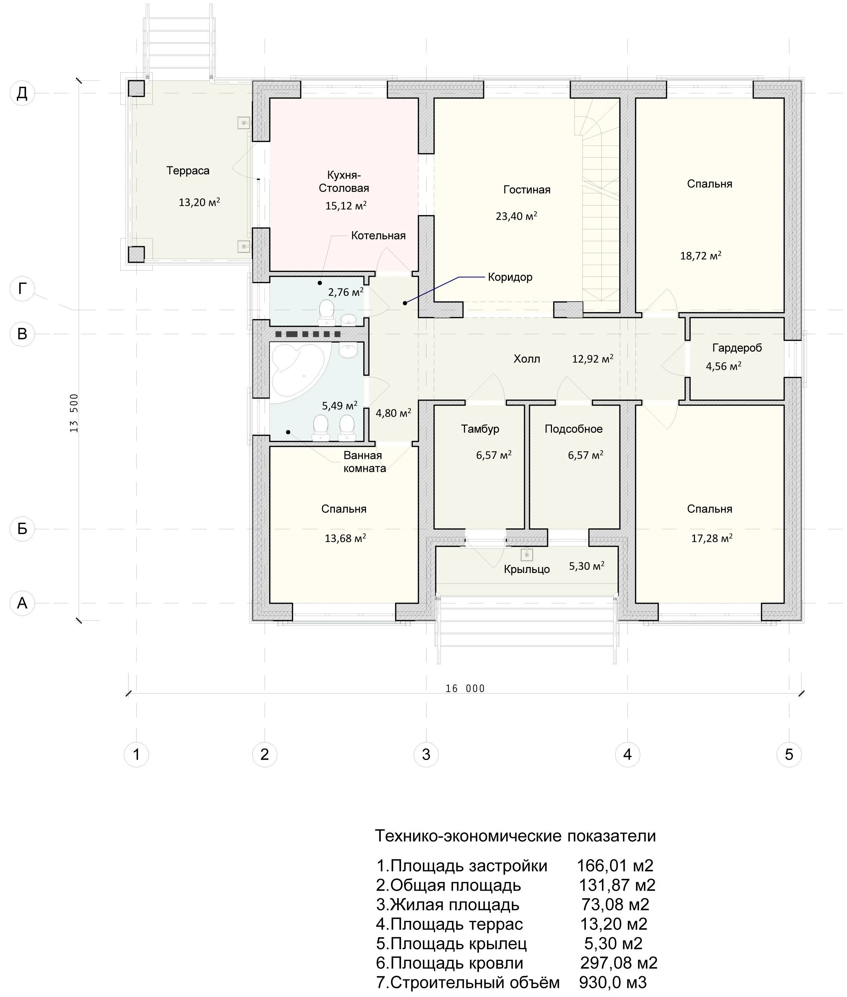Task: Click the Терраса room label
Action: pos(188,171)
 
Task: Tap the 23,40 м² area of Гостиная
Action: pos(516,216)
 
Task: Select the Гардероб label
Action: pos(737,348)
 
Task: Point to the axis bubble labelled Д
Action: pos(22,93)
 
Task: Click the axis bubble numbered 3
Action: pos(426,754)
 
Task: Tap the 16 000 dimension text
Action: pos(465,688)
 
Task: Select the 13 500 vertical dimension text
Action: pos(74,413)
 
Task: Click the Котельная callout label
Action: pos(378,235)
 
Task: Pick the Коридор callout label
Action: pos(510,277)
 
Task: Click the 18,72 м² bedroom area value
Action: pos(701,256)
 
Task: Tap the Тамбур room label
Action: pos(480,429)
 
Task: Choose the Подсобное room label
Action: pos(573,429)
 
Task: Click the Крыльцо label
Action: pos(527,569)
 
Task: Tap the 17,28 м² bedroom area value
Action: pos(712,538)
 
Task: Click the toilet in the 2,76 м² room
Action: pos(327,310)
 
